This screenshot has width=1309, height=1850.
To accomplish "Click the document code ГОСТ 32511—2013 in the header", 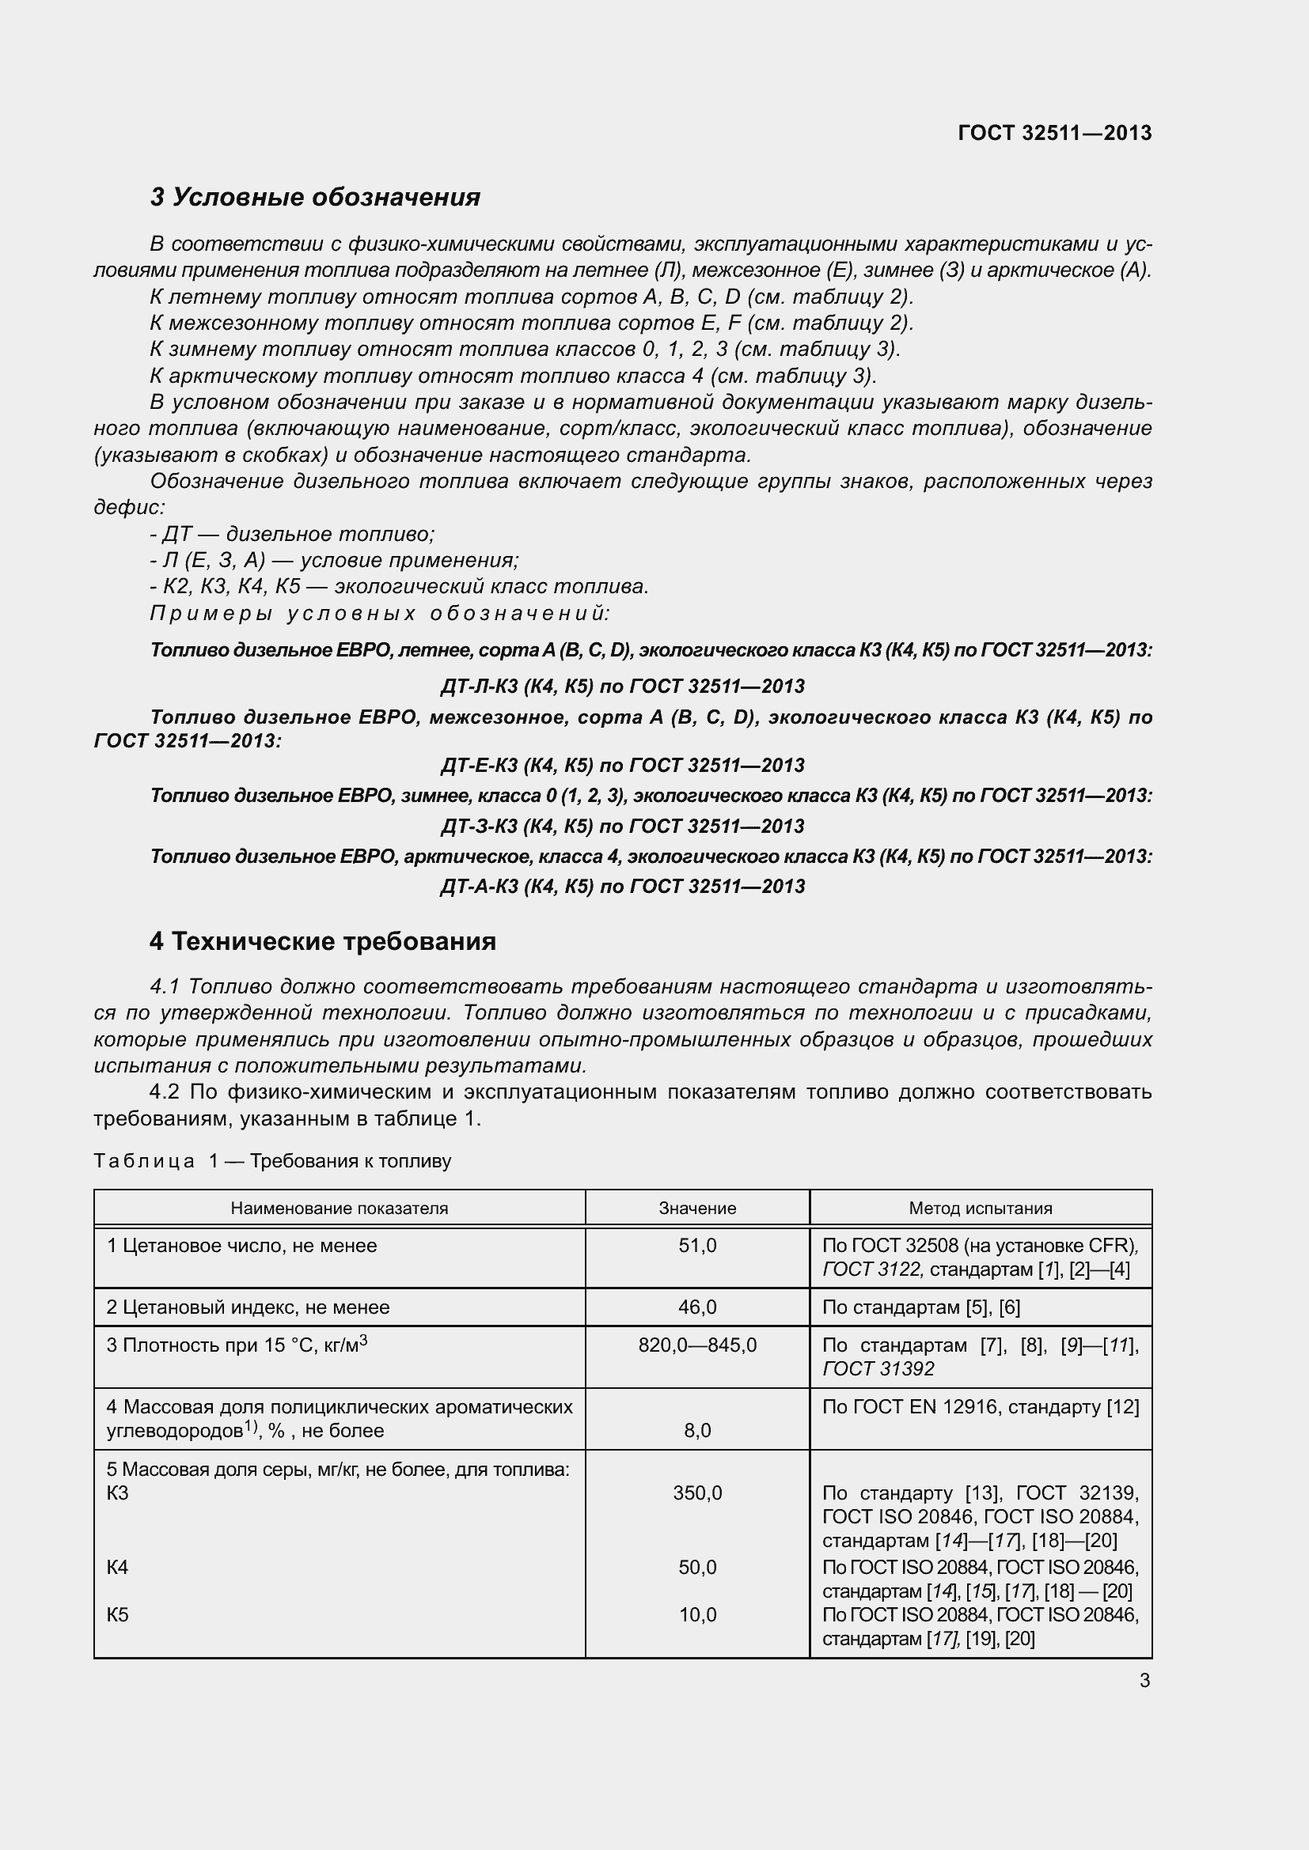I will [1054, 133].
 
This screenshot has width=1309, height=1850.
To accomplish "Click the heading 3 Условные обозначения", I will [315, 198].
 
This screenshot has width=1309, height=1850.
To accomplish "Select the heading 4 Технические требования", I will [322, 941].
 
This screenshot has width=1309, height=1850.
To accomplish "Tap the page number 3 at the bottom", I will [1144, 1681].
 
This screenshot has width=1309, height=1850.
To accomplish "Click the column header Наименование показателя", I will [340, 1209].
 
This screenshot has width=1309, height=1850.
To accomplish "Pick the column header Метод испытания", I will [980, 1209].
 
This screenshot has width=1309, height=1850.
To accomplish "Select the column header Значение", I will [697, 1209].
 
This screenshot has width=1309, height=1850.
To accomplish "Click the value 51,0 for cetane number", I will [697, 1246].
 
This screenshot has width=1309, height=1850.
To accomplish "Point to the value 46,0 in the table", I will [697, 1307].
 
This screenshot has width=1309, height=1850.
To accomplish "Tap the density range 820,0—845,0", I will [697, 1345].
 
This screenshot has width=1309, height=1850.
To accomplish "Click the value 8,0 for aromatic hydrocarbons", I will [697, 1430].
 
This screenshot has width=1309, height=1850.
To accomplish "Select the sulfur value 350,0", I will [697, 1493].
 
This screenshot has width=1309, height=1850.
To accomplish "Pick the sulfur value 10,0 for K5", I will [697, 1615].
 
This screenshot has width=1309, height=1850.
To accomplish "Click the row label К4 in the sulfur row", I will [118, 1567].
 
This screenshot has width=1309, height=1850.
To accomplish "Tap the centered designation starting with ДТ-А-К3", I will [622, 887].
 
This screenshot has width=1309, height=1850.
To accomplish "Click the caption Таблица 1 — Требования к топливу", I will [272, 1161].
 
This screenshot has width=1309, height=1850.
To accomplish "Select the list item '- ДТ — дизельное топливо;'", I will [292, 534].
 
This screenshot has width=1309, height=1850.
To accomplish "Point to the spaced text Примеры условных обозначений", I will [380, 614].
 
